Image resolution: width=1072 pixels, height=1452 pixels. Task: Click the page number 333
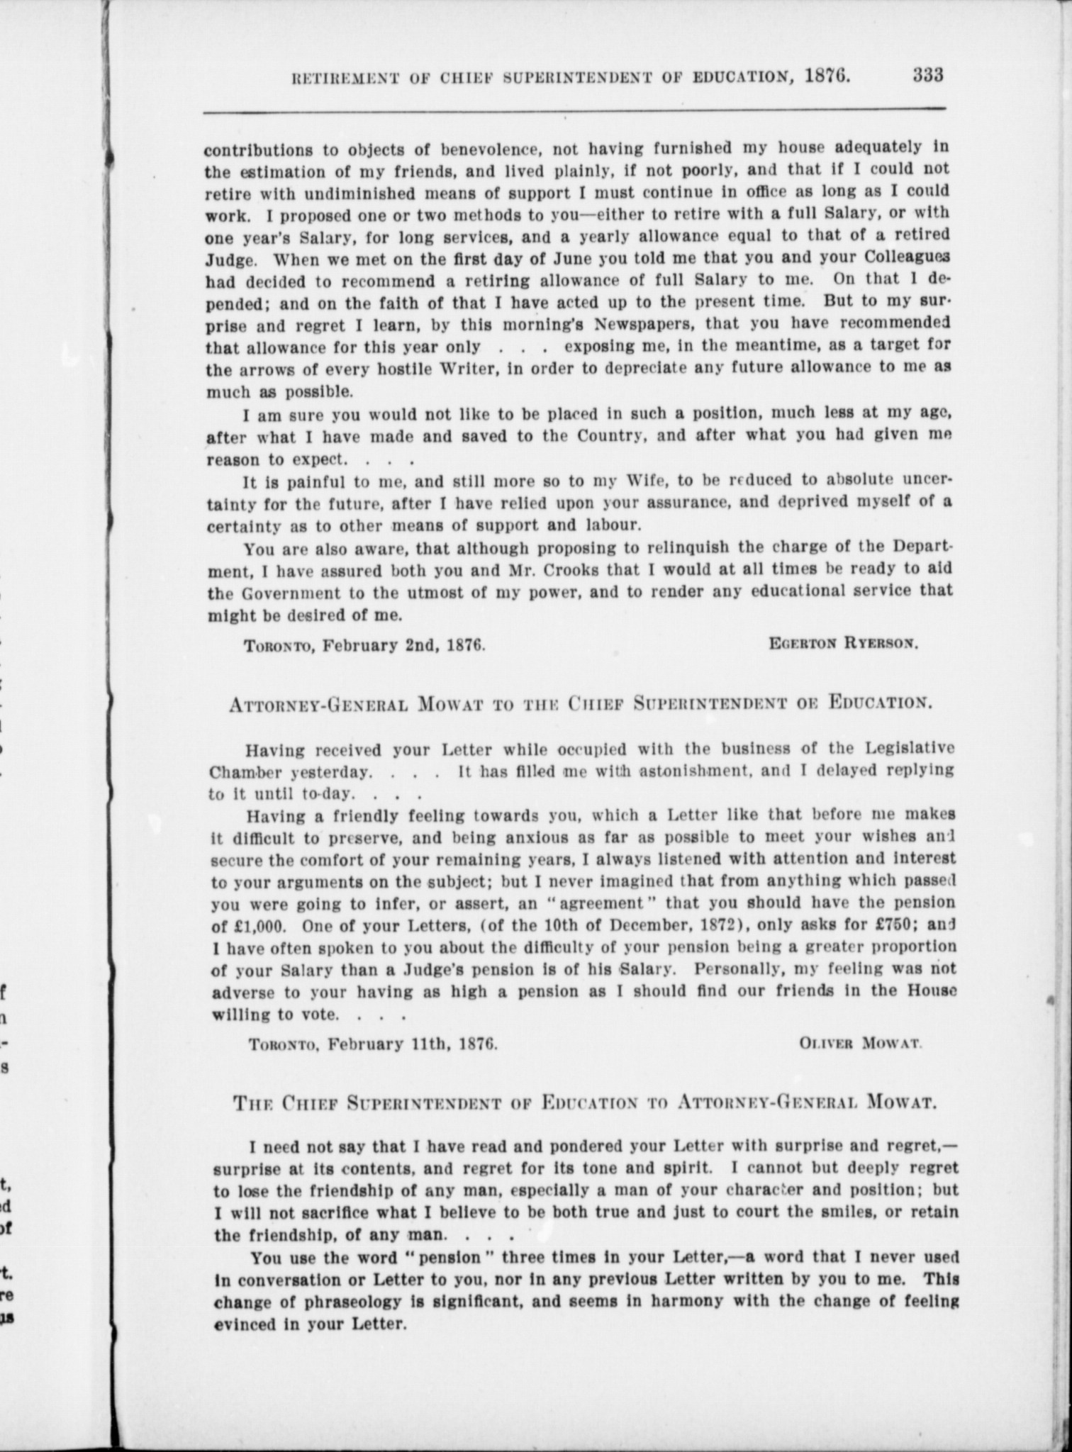pos(927,75)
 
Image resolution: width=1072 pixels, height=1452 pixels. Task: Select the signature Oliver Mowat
pos(860,1043)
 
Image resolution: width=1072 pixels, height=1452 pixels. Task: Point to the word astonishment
pos(713,769)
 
